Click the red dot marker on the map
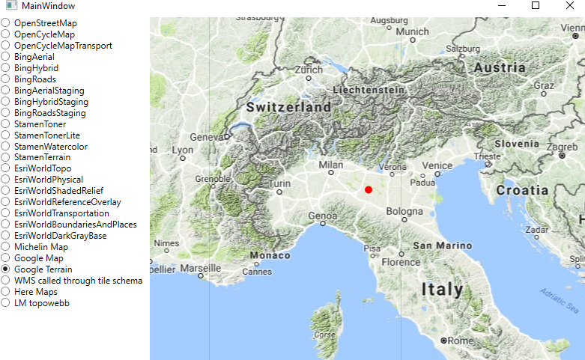(369, 190)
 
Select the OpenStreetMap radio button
(5, 23)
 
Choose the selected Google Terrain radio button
(5, 269)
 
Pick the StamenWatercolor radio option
(5, 147)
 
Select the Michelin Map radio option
(5, 247)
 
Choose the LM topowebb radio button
(5, 303)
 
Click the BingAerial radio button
(5, 57)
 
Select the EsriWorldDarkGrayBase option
(5, 236)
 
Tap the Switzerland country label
(288, 108)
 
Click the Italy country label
(442, 289)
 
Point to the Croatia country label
(523, 190)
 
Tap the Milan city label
(330, 165)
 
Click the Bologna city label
(404, 212)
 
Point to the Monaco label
(270, 255)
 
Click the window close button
(570, 6)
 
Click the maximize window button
(536, 6)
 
